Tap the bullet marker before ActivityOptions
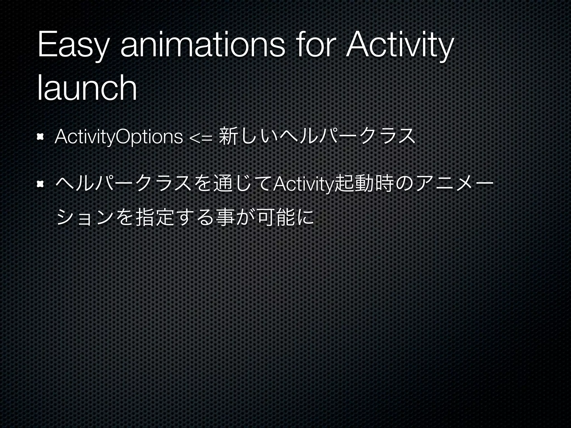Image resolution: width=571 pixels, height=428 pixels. coord(40,137)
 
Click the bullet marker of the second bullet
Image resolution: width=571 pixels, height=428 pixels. coord(40,184)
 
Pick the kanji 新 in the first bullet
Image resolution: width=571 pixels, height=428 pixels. coord(228,136)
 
